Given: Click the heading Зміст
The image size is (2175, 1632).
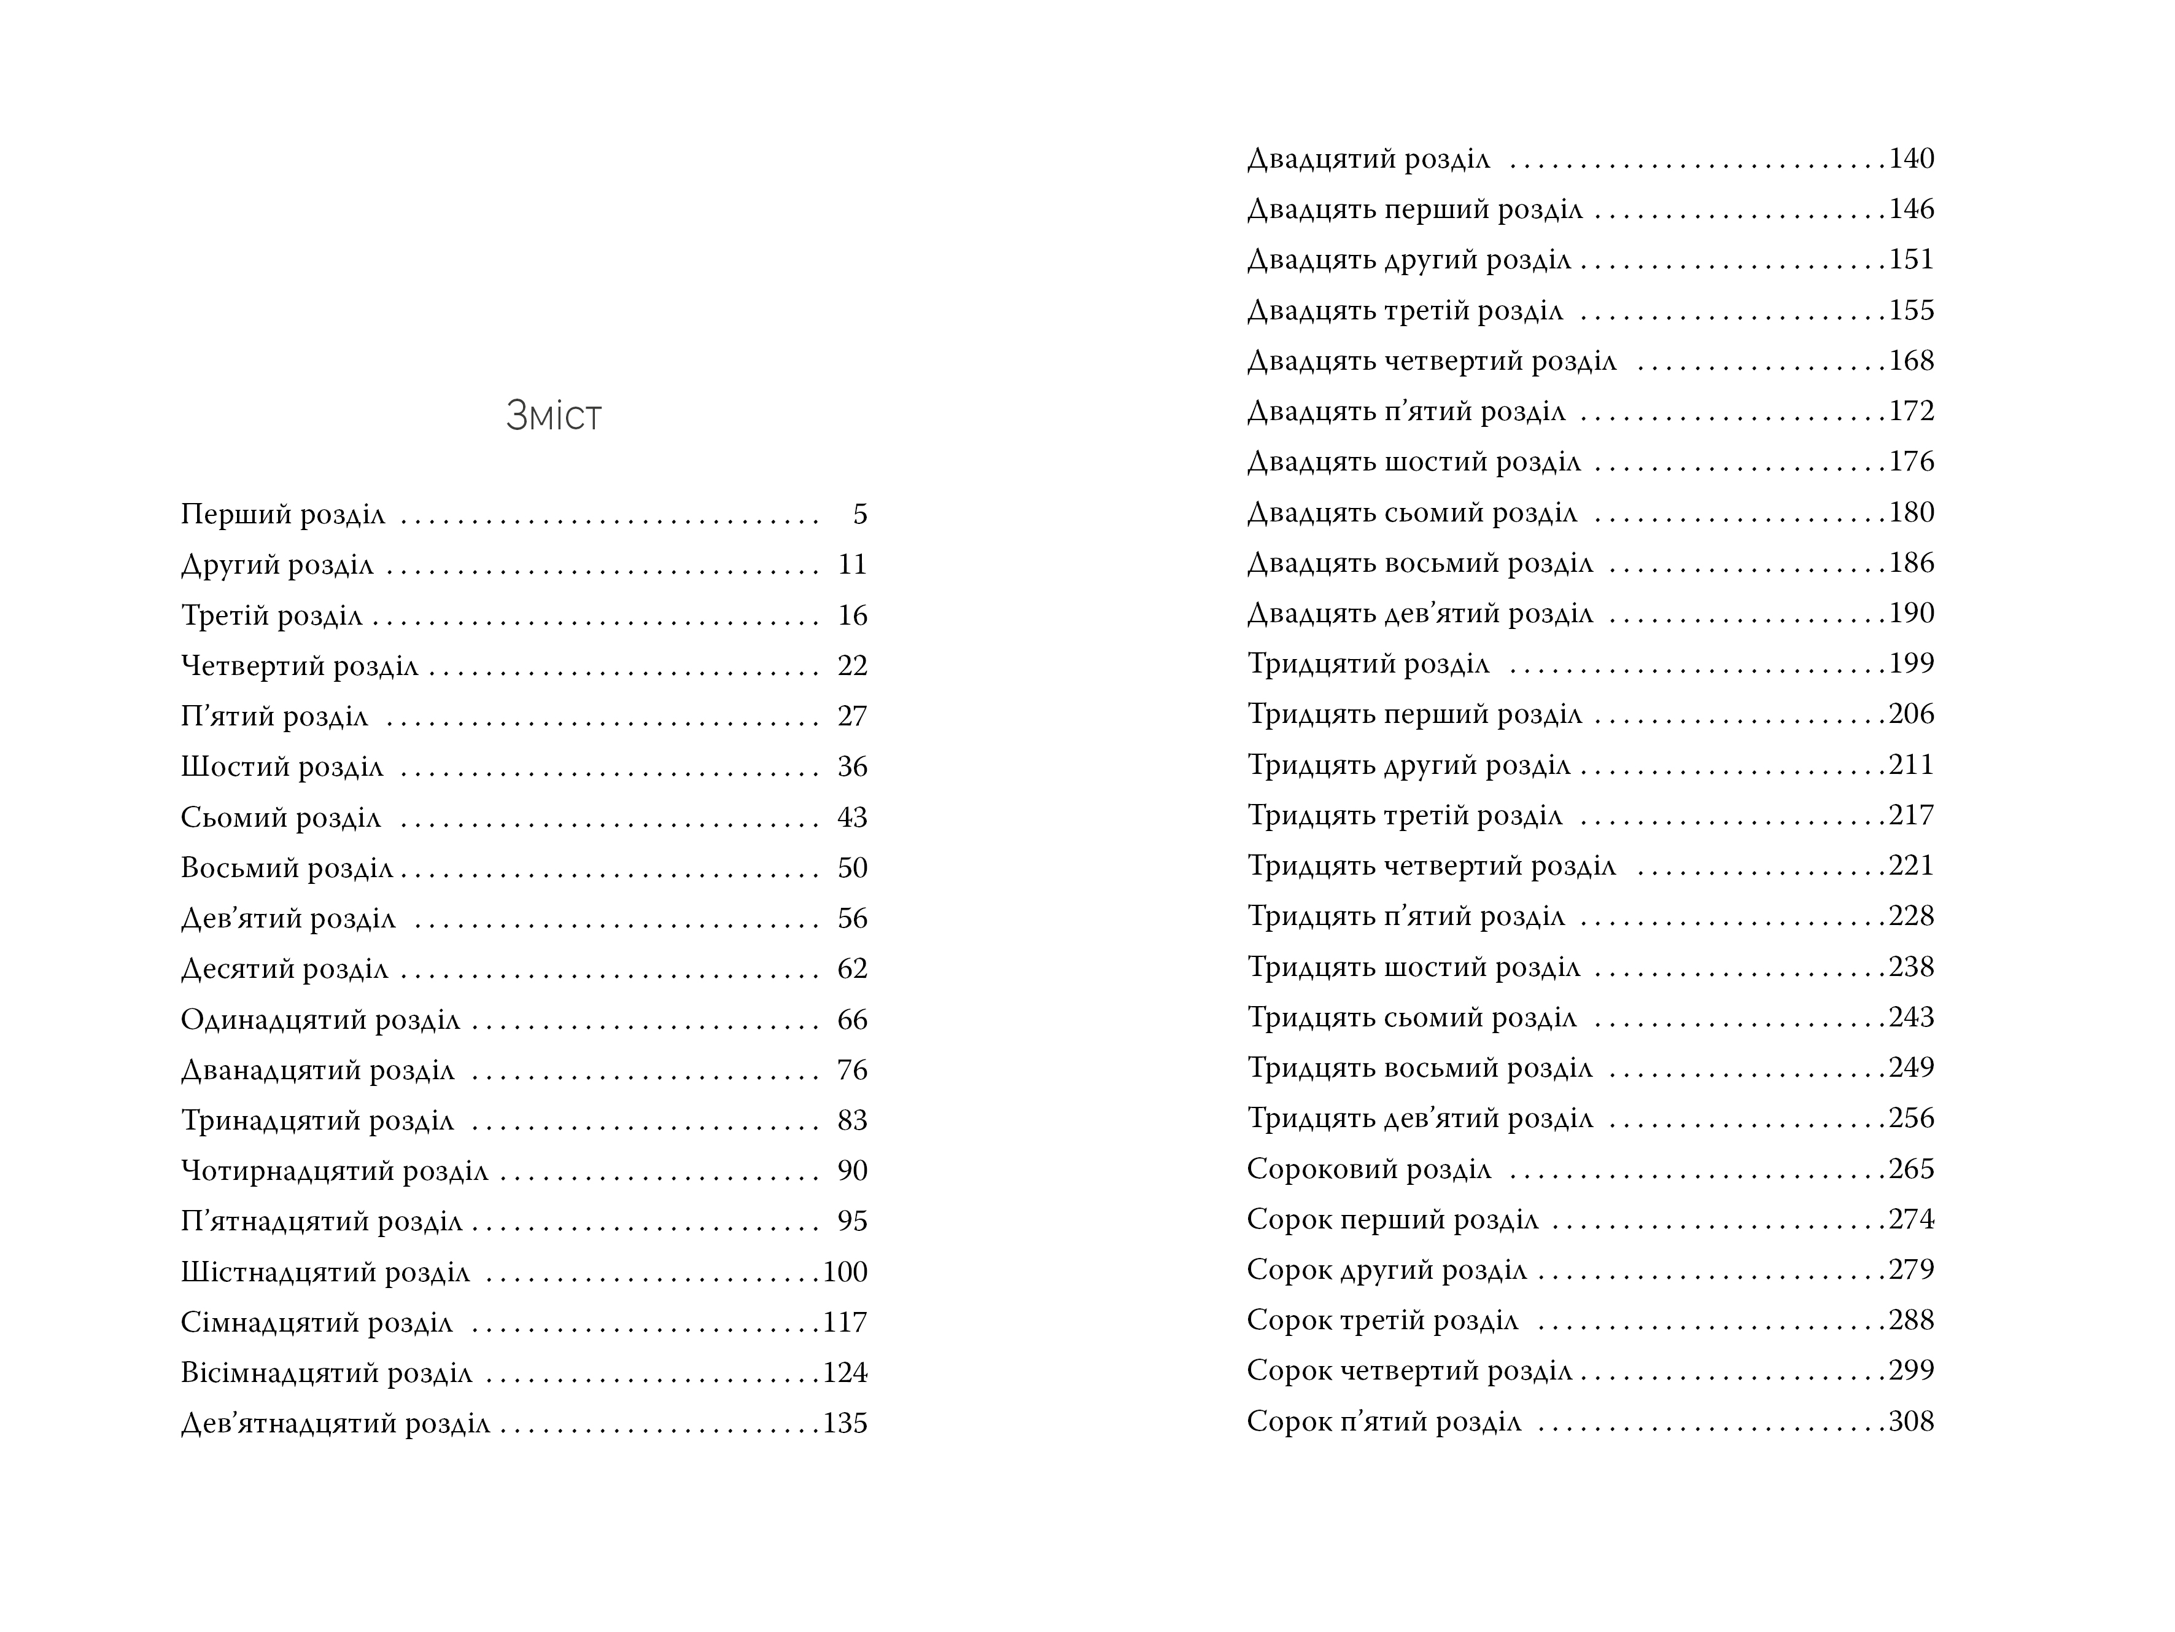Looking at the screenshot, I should click(x=554, y=416).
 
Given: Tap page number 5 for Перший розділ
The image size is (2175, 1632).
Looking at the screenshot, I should click(x=859, y=515).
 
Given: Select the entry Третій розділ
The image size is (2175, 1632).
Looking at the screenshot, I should click(x=271, y=616).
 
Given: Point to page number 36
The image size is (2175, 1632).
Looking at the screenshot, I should click(x=851, y=767).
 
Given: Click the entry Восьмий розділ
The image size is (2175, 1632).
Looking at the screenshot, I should click(x=286, y=869).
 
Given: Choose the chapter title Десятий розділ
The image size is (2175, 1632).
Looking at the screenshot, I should click(x=284, y=970).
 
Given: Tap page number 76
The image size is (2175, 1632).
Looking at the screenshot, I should click(x=851, y=1071).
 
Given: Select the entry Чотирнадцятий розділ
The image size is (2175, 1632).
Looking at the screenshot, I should click(x=335, y=1171).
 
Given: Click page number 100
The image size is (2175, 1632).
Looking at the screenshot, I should click(x=845, y=1273).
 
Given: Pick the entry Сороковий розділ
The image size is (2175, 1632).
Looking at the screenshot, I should click(x=1369, y=1169).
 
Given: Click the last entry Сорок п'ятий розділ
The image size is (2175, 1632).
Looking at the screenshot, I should click(x=1384, y=1423).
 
